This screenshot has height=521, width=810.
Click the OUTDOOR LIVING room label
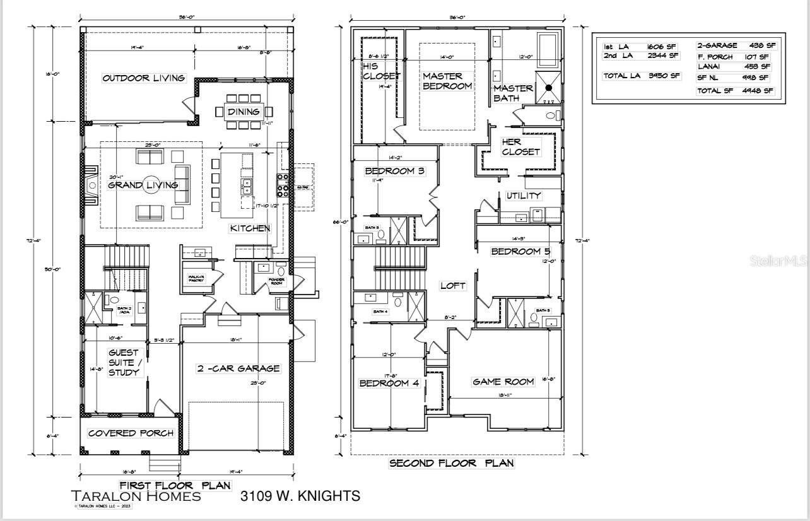144,78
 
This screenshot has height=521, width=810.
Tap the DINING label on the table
244,112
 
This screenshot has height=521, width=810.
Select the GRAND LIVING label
143,185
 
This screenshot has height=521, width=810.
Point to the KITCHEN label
250,228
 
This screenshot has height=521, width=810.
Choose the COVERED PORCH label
129,433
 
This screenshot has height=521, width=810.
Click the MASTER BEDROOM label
447,81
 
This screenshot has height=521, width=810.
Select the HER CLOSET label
520,147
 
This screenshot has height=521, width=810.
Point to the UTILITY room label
524,196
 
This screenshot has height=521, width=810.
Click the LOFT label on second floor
452,286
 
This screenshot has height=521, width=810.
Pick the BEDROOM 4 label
389,383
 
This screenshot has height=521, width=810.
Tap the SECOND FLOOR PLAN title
451,463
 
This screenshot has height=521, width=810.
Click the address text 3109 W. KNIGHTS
300,496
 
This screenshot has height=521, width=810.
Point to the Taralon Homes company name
136,496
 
